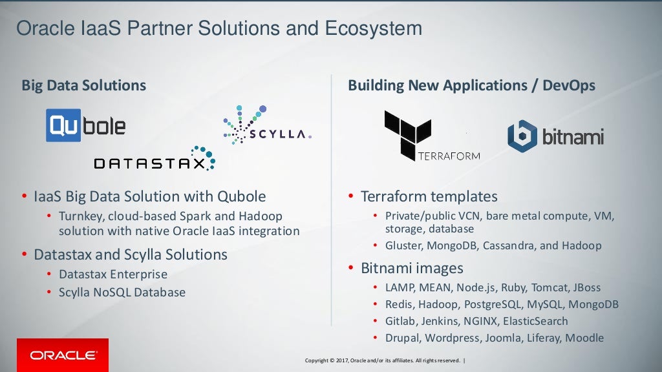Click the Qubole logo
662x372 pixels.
tap(86, 125)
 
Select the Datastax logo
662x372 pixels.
tap(155, 159)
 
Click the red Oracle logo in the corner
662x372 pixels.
tap(63, 355)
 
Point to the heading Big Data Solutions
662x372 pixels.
tap(84, 85)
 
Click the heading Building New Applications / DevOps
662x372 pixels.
tap(471, 85)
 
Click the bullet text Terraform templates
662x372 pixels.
tap(429, 196)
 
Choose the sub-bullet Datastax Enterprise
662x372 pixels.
tap(113, 274)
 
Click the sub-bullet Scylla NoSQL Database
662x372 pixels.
tap(122, 293)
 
